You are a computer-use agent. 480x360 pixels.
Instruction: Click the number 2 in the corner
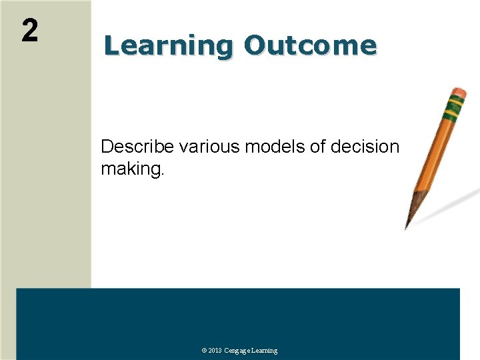pos(29,31)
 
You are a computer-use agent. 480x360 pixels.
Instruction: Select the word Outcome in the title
pos(310,46)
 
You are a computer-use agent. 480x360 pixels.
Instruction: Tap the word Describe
pos(137,147)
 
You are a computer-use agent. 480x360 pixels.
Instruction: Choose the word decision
pos(366,147)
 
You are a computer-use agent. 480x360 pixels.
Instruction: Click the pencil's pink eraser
pos(459,93)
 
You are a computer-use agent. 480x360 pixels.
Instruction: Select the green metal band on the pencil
pos(455,105)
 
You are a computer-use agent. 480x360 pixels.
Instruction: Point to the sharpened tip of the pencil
pos(407,225)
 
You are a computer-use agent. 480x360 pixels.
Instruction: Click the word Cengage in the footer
pos(239,351)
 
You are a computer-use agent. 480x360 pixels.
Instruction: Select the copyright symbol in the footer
pos(204,351)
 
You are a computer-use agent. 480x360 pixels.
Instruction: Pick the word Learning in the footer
pos(265,351)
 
